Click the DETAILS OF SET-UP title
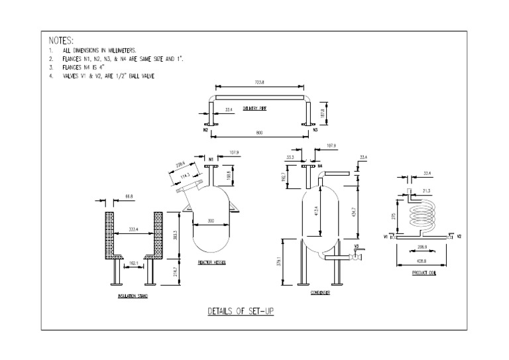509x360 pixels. point(241,310)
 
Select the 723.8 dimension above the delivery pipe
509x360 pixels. point(258,83)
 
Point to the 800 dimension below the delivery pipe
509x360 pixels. point(258,133)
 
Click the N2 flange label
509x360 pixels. point(206,131)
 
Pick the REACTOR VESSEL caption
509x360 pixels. point(212,263)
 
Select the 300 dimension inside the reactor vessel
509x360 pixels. point(211,220)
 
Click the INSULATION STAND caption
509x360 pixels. point(132,296)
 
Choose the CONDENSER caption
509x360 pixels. point(321,291)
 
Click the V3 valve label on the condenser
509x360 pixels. point(356,247)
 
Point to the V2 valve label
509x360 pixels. point(459,236)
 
